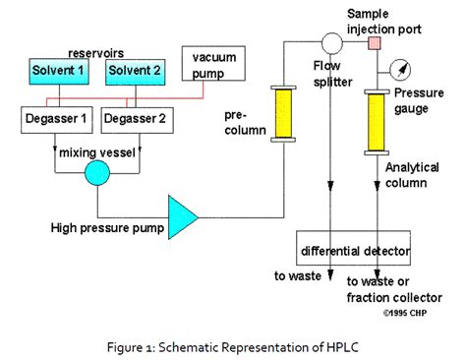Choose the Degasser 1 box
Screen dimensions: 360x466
pos(57,120)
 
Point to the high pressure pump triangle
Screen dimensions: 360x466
pos(182,213)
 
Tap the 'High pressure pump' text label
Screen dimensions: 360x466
pos(106,228)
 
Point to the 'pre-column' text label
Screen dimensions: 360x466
pos(239,120)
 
